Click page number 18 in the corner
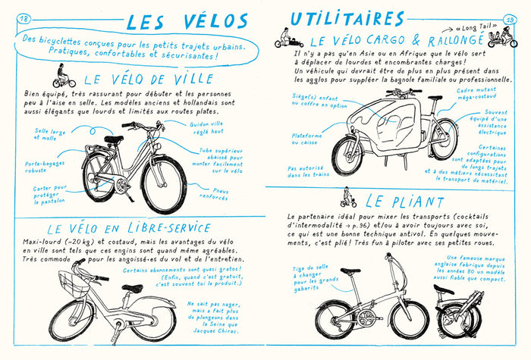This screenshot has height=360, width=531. (x=23, y=18)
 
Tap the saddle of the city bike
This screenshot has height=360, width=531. (x=114, y=139)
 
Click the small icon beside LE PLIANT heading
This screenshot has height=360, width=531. (x=348, y=200)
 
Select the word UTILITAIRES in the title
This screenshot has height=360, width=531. (x=347, y=17)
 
